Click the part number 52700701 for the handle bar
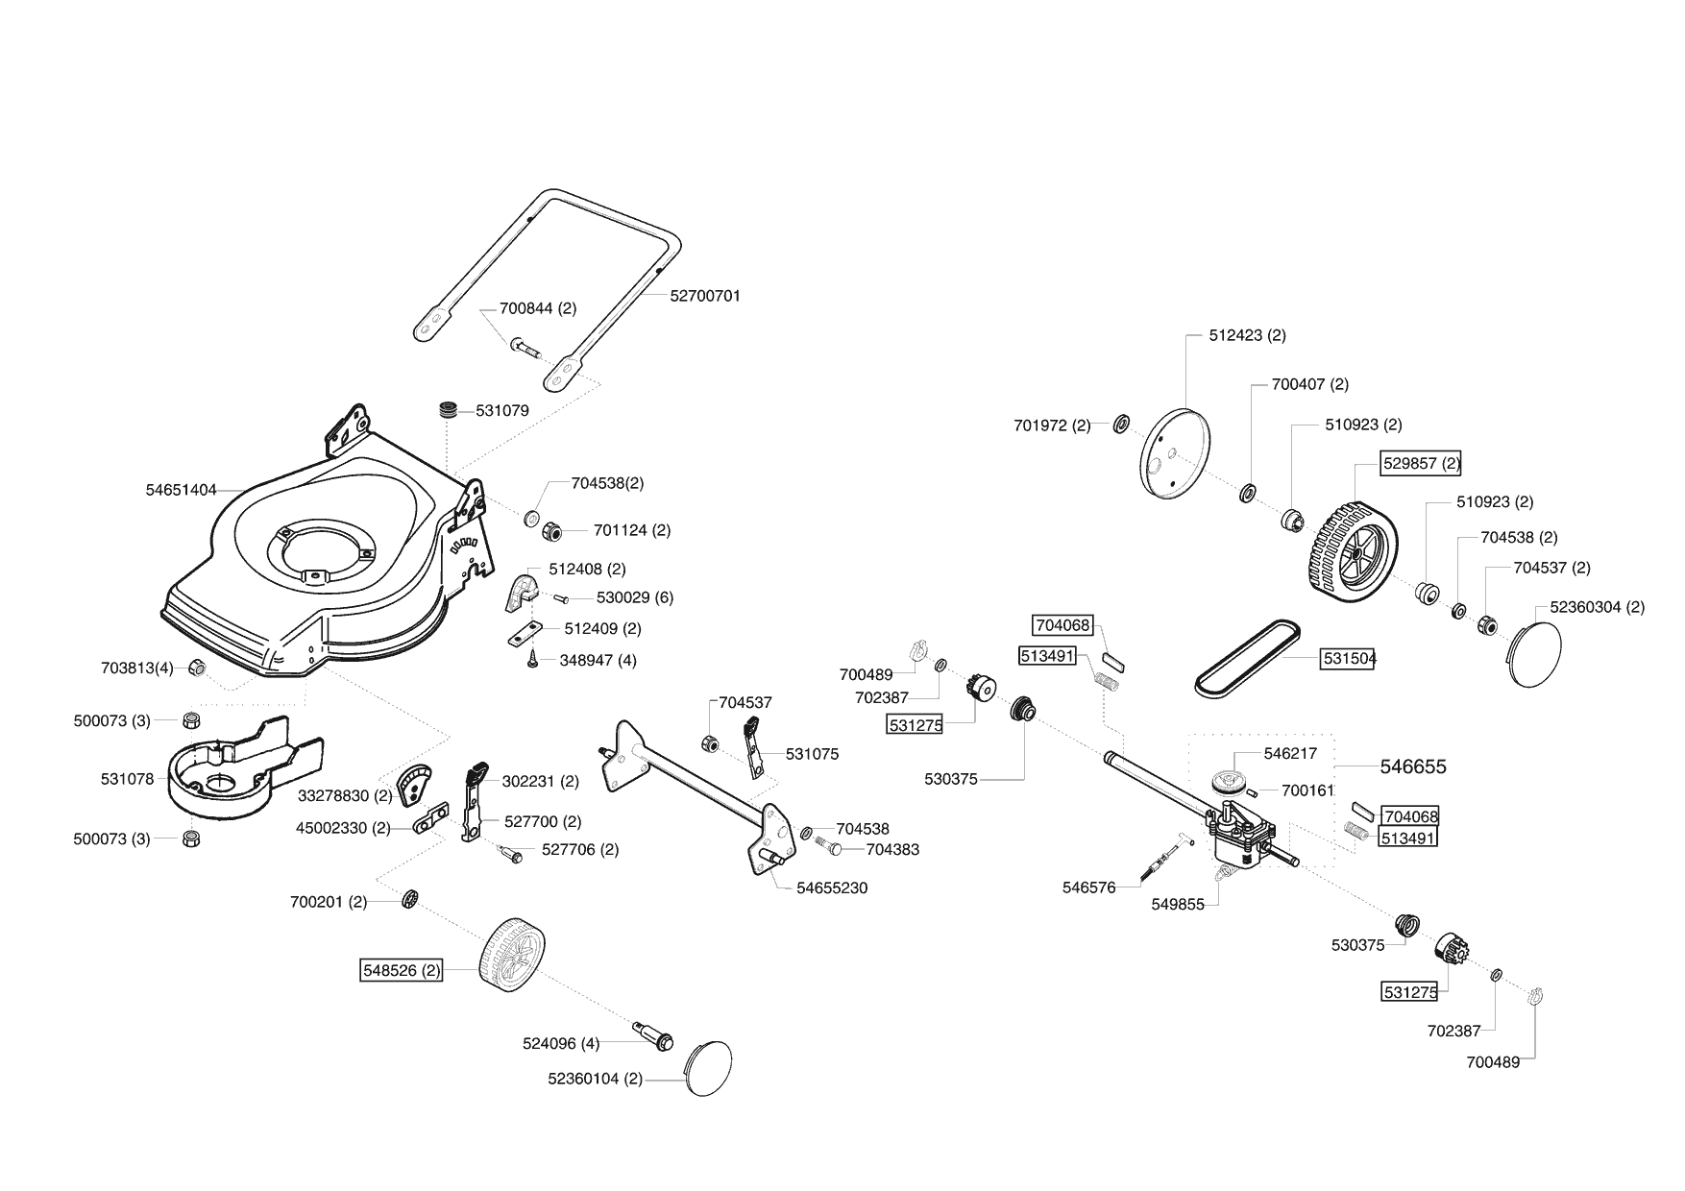pos(705,296)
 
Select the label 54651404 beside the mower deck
pos(182,490)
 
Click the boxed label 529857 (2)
pos(1421,463)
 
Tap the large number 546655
pos(1413,766)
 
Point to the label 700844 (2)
pos(538,308)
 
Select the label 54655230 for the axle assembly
pos(832,887)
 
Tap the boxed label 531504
pos(1349,658)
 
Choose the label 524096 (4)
pos(561,1043)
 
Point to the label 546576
pos(1089,887)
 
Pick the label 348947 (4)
pos(598,661)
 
